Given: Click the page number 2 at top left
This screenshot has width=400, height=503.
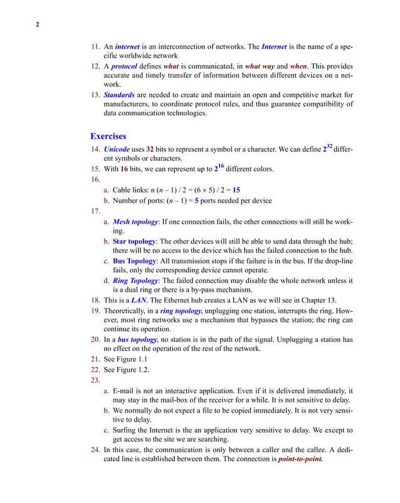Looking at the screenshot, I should pos(38,25).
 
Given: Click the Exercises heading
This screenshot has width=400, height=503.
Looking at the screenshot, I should pos(108,135).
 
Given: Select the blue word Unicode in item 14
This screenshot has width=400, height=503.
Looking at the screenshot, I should pos(117,151).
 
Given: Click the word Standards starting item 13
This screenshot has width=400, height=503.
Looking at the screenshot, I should pos(119,95).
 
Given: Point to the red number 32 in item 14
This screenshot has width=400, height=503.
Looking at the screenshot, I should pos(150,151).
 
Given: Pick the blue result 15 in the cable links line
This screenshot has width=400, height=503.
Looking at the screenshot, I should pos(236,189).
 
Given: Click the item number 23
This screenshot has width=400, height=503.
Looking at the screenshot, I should pos(95,379).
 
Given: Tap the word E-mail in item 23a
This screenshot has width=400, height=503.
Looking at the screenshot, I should pos(126,390).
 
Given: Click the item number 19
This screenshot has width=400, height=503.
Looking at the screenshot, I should pos(95,310).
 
